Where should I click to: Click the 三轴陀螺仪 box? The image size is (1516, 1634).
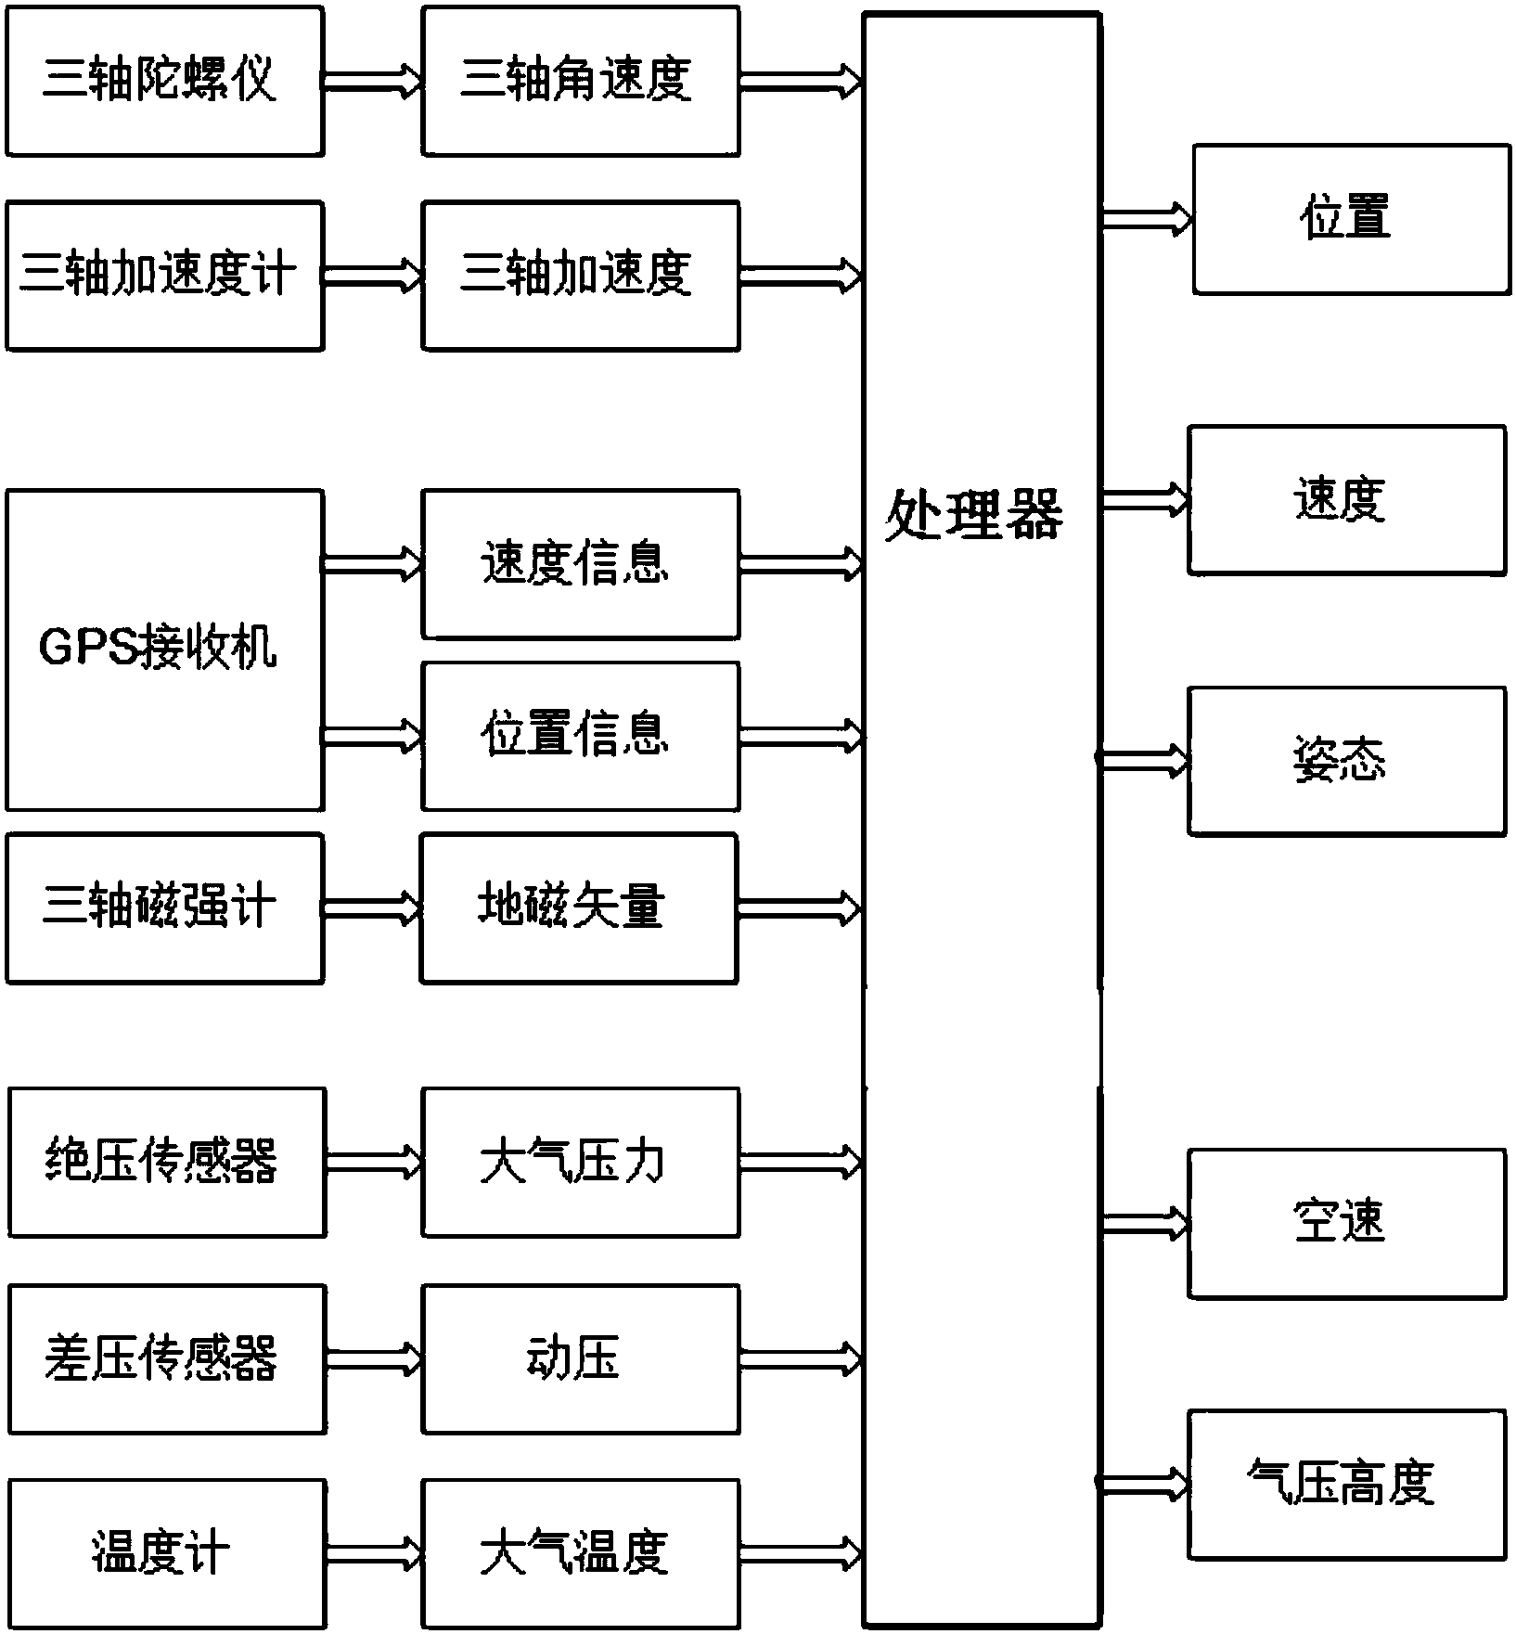[x=164, y=81]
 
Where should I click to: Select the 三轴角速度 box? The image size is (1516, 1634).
[x=580, y=81]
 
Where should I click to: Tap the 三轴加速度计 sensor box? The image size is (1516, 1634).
[x=164, y=276]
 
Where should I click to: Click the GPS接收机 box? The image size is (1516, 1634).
[x=164, y=650]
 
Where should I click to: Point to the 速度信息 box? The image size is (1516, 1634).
[x=580, y=564]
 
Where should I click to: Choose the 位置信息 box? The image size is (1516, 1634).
[x=580, y=736]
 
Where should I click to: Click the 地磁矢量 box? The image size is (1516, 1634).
[x=578, y=907]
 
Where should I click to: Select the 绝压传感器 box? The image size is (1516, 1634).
[x=167, y=1162]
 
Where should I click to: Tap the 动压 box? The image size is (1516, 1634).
[x=580, y=1359]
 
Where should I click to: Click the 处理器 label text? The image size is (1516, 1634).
[x=974, y=515]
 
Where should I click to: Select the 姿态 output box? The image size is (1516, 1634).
[x=1346, y=761]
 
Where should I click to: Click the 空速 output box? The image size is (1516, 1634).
[x=1346, y=1223]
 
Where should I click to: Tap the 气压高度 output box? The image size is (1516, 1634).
[x=1346, y=1484]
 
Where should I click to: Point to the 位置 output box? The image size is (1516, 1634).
[x=1351, y=219]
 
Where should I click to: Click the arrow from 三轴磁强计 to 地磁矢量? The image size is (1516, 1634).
[x=371, y=907]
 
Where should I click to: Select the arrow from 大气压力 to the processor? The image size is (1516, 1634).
[x=800, y=1162]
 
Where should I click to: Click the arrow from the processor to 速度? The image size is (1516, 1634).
[x=1144, y=500]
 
